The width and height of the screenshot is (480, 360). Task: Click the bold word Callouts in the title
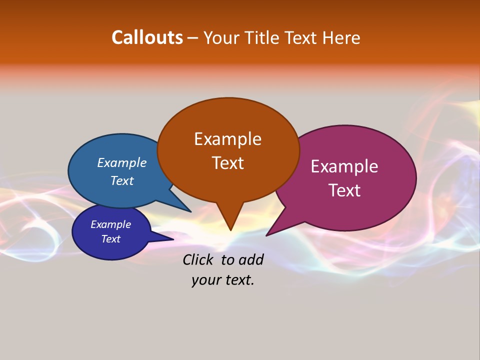147,37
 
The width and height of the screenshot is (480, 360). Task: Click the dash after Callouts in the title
193,38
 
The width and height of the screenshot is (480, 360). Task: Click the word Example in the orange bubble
227,139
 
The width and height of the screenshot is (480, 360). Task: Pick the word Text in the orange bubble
227,163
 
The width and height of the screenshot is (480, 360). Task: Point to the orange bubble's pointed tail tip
230,229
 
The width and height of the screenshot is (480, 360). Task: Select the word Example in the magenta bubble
344,166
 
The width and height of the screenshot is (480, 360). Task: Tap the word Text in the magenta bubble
344,190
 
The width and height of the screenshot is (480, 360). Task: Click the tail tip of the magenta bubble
267,235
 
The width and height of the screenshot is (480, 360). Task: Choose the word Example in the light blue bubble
121,163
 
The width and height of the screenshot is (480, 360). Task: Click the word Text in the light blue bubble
121,180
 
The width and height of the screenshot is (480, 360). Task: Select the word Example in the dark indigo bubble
110,224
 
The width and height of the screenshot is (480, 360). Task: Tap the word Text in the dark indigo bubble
110,239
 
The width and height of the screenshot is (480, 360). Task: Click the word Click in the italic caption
199,259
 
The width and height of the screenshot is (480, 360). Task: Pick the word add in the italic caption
250,259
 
